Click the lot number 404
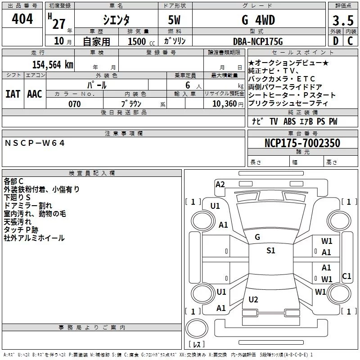[x=22, y=19]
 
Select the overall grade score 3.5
[x=343, y=21]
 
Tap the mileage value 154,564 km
[x=53, y=65]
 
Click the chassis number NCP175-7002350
[x=302, y=143]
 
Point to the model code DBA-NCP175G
[x=258, y=41]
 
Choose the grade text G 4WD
[x=258, y=20]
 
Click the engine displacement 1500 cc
[x=141, y=41]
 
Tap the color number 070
[x=75, y=104]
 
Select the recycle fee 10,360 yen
[x=228, y=104]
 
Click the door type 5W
[x=174, y=20]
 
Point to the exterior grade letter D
[x=336, y=41]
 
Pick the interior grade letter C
[x=350, y=41]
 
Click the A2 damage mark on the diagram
[x=220, y=184]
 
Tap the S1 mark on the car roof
[x=271, y=251]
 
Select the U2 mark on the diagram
[x=253, y=300]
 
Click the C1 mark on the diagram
[x=346, y=276]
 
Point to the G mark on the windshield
[x=257, y=237]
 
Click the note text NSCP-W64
[x=35, y=143]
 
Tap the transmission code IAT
[x=13, y=94]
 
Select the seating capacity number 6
[x=188, y=85]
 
